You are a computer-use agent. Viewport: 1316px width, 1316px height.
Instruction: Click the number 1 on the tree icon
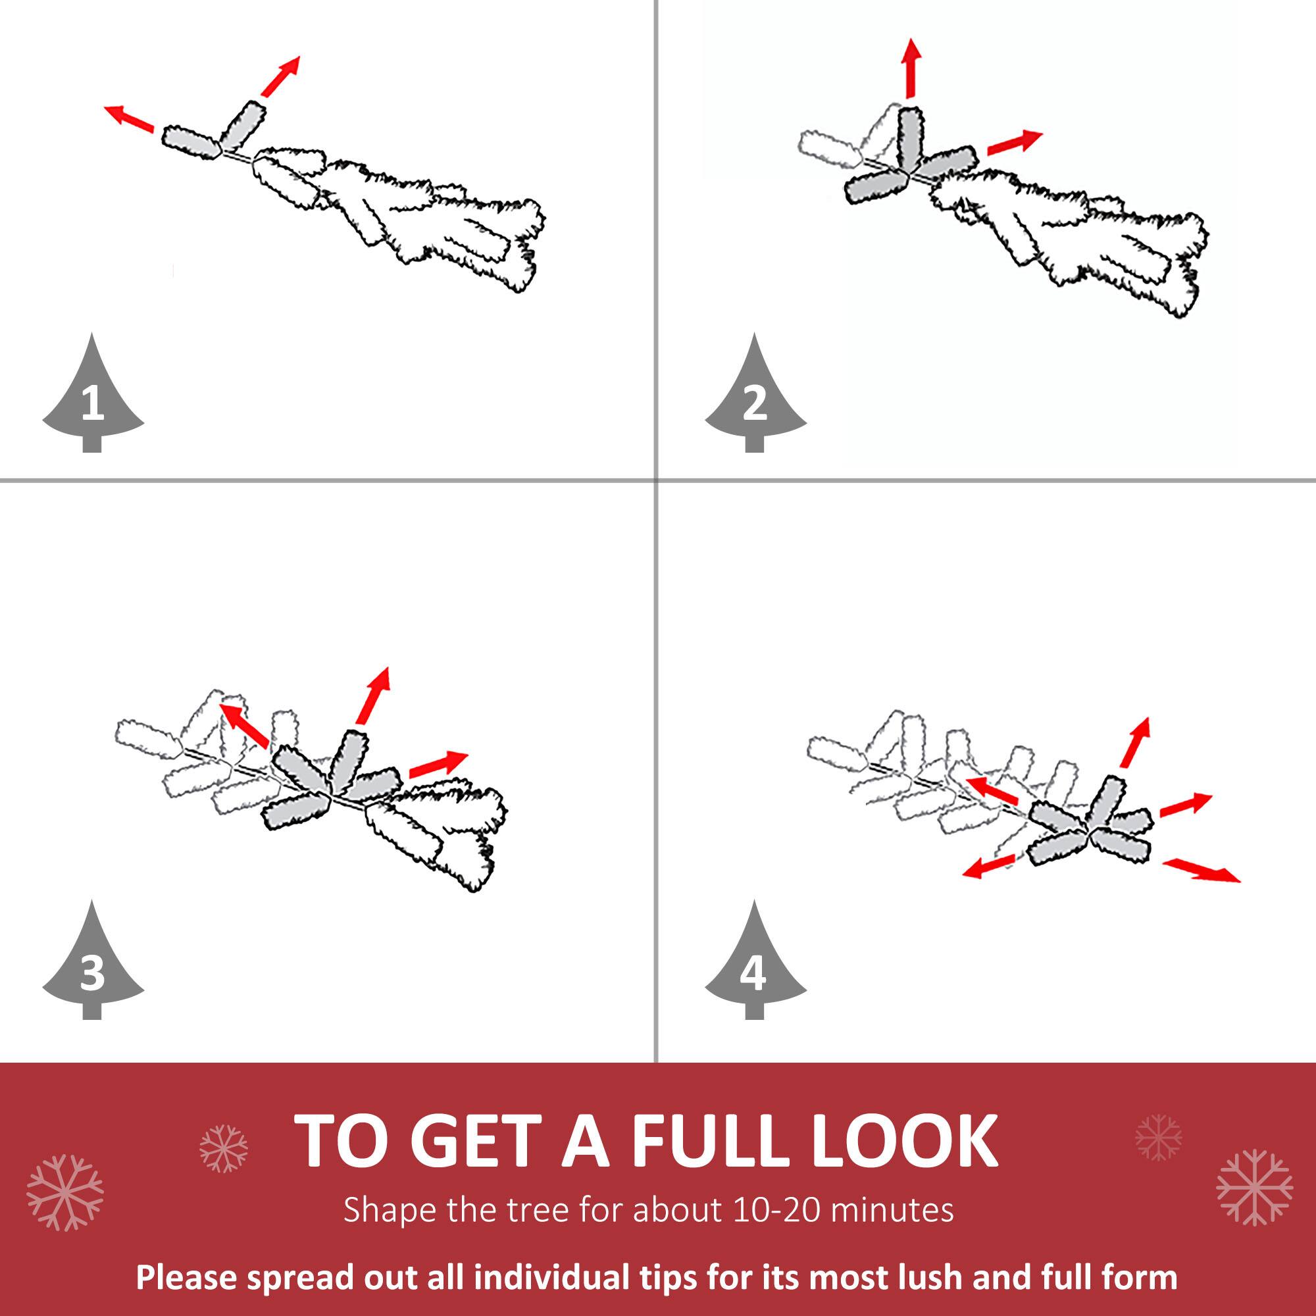click(x=93, y=404)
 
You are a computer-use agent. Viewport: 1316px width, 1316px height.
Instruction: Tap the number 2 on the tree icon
click(x=755, y=404)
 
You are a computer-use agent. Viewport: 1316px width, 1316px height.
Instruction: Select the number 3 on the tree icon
click(x=93, y=973)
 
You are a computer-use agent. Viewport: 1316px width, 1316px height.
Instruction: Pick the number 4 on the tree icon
click(x=753, y=973)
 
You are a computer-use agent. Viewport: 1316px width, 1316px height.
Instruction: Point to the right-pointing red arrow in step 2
click(x=1014, y=141)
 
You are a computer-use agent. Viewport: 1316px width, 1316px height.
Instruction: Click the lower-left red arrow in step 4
click(x=989, y=866)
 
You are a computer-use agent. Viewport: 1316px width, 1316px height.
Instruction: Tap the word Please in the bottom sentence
click(x=186, y=1277)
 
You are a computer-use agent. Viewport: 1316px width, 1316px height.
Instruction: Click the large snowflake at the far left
click(x=64, y=1192)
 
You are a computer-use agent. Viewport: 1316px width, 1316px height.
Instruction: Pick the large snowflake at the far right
click(x=1254, y=1186)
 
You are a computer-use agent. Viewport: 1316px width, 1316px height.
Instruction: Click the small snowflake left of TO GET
click(x=224, y=1148)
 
